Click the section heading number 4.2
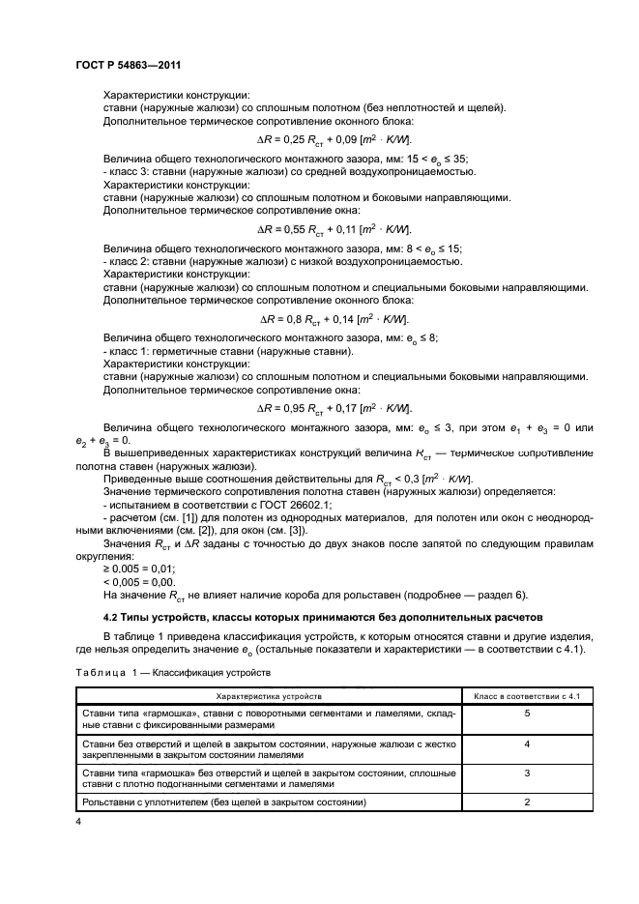click(x=113, y=617)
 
